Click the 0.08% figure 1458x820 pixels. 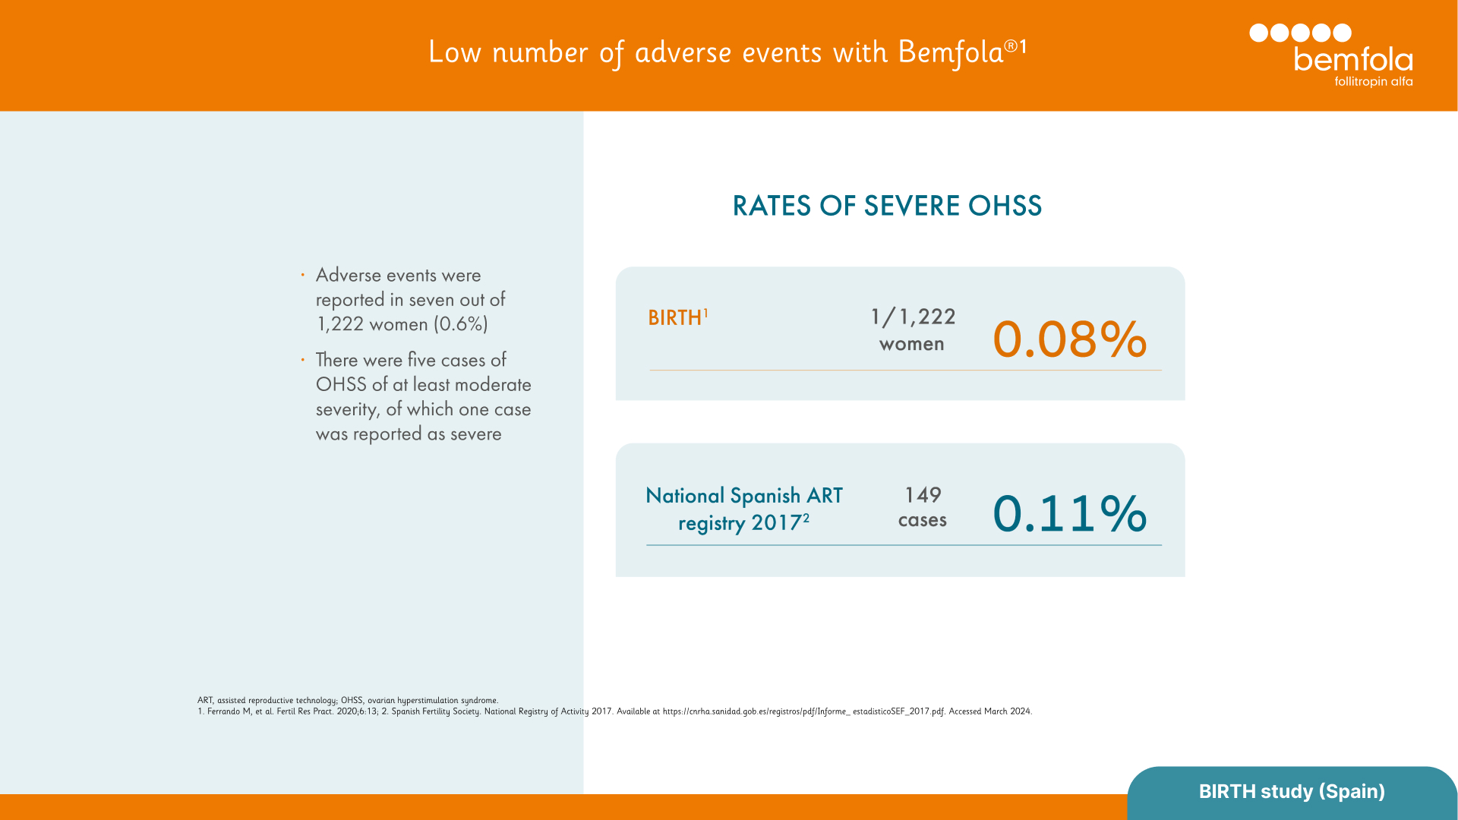(x=1069, y=339)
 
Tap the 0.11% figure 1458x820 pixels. (x=1069, y=513)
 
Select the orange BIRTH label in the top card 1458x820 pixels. (x=674, y=317)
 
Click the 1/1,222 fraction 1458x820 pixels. (x=913, y=317)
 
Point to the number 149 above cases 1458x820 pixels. (x=923, y=495)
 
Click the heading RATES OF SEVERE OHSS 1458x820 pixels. (x=886, y=206)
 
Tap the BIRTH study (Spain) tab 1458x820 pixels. (x=1292, y=791)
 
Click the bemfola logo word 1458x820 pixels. (x=1352, y=59)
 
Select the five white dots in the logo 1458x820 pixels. (x=1300, y=33)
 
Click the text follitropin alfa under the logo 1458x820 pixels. (x=1373, y=81)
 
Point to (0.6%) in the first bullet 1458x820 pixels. (x=461, y=324)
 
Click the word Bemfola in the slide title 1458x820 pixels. (x=951, y=52)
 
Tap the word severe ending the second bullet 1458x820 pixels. (x=476, y=434)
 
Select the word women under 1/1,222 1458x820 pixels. (x=911, y=344)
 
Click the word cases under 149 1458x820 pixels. (x=922, y=520)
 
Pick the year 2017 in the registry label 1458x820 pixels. (x=776, y=523)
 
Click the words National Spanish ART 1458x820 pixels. (x=743, y=496)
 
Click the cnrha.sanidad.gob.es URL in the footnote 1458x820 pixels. (x=803, y=711)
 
